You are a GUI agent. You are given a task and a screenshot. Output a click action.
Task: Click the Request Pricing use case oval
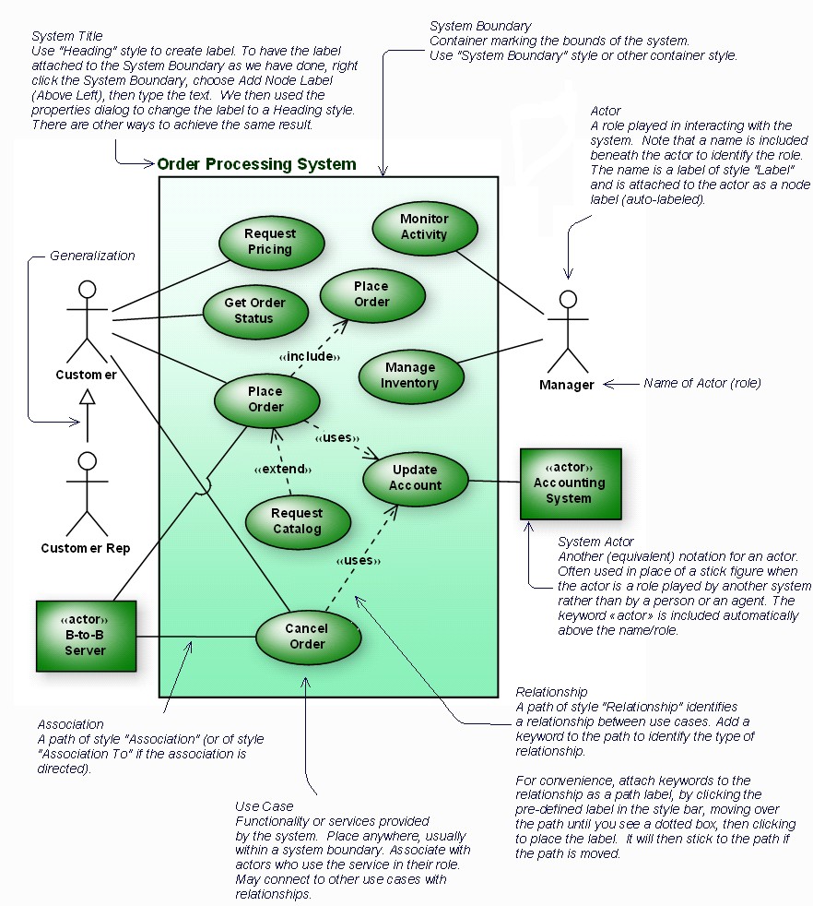(271, 243)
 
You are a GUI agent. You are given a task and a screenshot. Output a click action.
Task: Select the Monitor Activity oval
(424, 227)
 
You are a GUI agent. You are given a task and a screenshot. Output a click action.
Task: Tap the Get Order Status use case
(254, 311)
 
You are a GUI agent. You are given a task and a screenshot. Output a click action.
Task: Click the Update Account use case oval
(415, 478)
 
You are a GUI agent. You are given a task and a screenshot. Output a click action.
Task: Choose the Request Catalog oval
(298, 521)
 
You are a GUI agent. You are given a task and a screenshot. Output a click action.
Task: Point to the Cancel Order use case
(307, 636)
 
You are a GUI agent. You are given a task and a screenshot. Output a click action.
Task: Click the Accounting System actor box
(570, 483)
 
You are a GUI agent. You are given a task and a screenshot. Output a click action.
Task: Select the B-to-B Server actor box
(86, 636)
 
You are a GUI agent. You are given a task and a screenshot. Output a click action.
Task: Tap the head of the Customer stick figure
(87, 290)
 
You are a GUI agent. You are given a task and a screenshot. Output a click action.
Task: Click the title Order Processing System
(256, 164)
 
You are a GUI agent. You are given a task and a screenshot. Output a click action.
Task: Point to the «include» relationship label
(310, 356)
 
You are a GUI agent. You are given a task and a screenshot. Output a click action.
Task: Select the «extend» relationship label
(280, 470)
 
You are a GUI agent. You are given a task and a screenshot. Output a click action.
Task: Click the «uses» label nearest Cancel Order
(358, 560)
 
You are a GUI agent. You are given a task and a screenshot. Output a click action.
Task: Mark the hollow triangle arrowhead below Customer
(87, 398)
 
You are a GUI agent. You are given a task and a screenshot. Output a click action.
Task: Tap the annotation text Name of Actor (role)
(702, 382)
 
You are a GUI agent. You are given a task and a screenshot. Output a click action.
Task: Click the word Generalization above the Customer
(92, 256)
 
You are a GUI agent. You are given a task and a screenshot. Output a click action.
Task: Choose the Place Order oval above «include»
(372, 294)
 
